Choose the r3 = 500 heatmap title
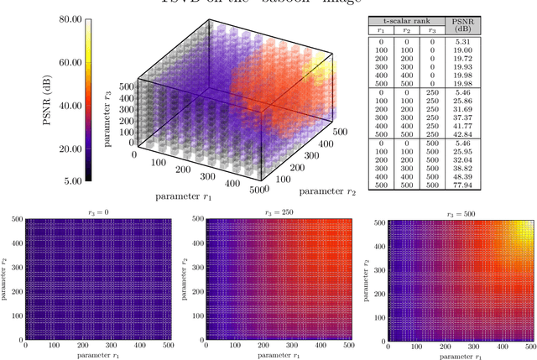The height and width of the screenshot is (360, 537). pos(449,213)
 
